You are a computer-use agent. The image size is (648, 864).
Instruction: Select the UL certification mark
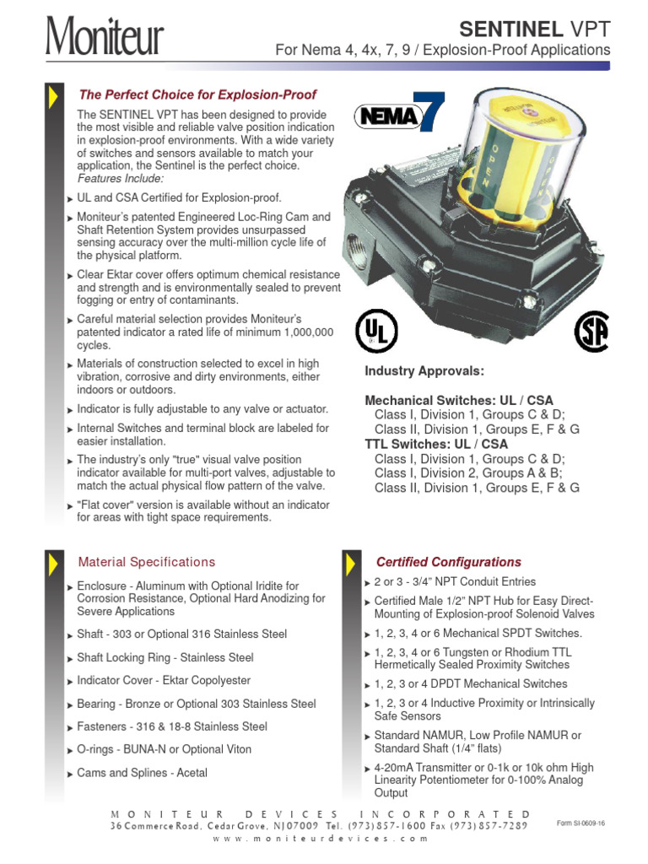pos(375,331)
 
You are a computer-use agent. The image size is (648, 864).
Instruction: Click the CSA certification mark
pos(591,332)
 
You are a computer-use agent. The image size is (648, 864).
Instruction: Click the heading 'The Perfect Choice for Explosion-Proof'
pos(197,94)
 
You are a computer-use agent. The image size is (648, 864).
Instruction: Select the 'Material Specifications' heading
pos(147,562)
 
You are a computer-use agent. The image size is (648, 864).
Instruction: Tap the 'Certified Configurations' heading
pos(448,562)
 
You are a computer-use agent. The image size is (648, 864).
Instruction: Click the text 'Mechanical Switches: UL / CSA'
pos(459,400)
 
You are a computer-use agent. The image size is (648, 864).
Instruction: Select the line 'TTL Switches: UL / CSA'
pos(436,444)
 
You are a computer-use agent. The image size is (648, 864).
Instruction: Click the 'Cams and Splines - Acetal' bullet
pos(142,773)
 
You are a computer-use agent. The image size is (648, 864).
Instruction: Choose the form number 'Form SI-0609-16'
pos(581,823)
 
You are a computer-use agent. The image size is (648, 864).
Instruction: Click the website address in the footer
pos(315,840)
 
